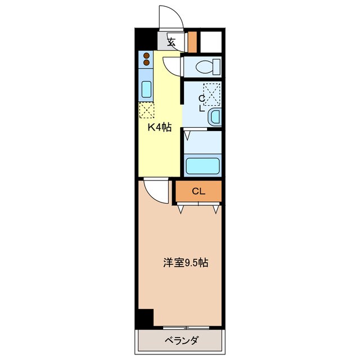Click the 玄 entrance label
pos(172,42)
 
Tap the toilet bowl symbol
pos(201,66)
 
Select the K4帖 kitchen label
pos(159,128)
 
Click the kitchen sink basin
pos(146,89)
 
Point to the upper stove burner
pos(146,56)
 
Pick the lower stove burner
pos(146,63)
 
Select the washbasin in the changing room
pos(214,117)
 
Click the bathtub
pos(202,166)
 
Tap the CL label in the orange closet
pos(197,191)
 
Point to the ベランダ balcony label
pos(181,341)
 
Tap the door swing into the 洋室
pos(155,190)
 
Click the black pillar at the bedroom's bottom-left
pos(146,318)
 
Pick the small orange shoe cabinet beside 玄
pos(192,41)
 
